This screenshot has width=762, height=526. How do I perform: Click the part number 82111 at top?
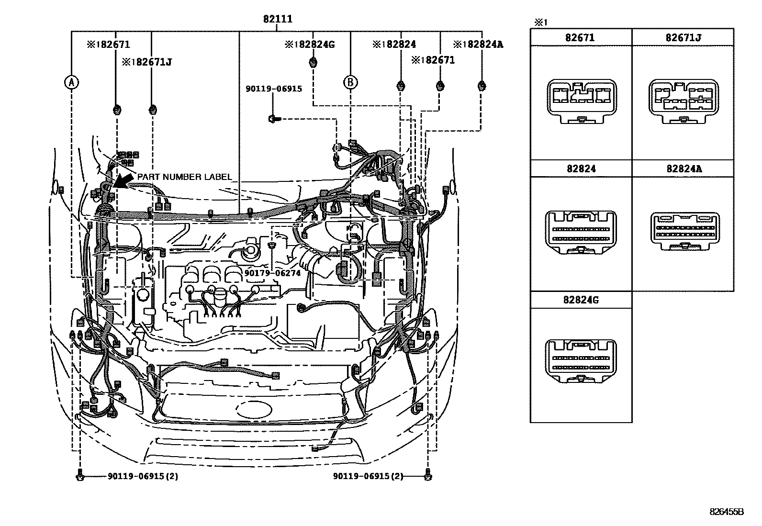[277, 20]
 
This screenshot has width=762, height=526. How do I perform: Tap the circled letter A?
[71, 82]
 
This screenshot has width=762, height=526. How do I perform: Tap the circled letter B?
[350, 82]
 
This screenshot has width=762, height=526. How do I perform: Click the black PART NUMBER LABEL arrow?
[123, 182]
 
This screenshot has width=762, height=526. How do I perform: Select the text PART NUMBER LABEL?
[184, 177]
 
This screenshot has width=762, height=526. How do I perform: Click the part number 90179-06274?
[272, 273]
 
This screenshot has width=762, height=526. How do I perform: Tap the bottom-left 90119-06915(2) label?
[143, 476]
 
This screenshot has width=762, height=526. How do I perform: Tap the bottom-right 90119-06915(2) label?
[368, 476]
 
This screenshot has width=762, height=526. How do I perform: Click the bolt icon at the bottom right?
[427, 476]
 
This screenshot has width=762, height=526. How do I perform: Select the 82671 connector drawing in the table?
[581, 101]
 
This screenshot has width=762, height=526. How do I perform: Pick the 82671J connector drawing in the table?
[683, 101]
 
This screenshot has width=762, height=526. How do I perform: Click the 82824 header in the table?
[581, 169]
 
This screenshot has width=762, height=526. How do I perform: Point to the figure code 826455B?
[726, 511]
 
